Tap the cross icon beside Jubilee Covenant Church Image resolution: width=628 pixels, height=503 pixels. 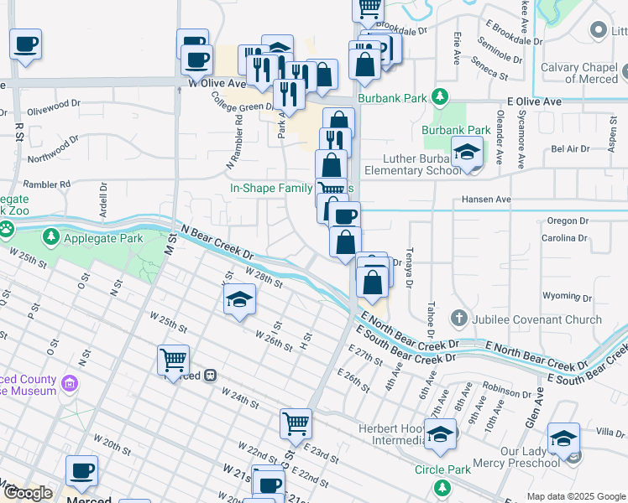point(458,319)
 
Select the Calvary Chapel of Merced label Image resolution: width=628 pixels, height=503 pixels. point(579,73)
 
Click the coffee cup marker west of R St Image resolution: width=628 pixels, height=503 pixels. point(25,44)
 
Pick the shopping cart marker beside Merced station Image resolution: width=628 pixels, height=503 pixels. point(173,360)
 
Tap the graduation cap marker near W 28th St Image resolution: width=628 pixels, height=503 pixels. point(239,299)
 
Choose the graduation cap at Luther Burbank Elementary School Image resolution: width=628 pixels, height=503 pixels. point(466,153)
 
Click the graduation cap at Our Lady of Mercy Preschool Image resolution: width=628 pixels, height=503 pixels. point(563,438)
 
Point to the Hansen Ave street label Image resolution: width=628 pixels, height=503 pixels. point(486,200)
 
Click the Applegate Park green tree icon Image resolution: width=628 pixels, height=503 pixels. point(52,238)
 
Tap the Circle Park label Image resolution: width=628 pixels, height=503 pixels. point(442,469)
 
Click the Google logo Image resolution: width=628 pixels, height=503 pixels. point(28,493)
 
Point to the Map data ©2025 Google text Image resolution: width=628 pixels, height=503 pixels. point(576,496)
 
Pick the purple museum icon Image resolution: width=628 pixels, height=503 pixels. point(70,385)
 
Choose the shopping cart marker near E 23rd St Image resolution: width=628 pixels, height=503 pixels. point(296,423)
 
